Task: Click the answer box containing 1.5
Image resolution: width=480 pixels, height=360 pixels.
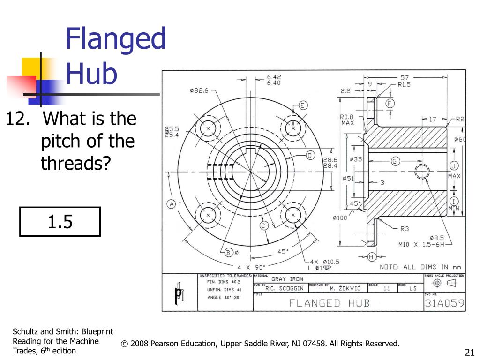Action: [x=60, y=221]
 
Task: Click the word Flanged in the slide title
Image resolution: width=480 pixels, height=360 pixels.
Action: [x=115, y=39]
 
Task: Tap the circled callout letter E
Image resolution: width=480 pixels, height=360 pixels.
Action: [x=303, y=105]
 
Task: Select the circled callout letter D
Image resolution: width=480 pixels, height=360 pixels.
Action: [x=309, y=155]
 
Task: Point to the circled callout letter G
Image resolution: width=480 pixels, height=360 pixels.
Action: [x=394, y=161]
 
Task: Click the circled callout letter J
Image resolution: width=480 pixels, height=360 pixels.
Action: [x=454, y=165]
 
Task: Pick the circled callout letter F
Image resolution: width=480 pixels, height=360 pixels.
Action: [x=389, y=104]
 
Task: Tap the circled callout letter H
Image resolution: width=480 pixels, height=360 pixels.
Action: [x=371, y=257]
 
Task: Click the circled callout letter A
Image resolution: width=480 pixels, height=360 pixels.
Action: [x=171, y=204]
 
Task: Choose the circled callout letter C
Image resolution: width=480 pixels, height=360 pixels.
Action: [x=263, y=225]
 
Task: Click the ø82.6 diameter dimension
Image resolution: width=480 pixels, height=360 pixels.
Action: [x=199, y=91]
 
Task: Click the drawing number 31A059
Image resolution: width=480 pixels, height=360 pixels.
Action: [x=444, y=303]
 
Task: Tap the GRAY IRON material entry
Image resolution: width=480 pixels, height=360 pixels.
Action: [x=287, y=279]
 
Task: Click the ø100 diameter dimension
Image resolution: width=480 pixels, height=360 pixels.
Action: [x=341, y=217]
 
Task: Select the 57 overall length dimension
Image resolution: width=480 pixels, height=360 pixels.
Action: [x=404, y=77]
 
